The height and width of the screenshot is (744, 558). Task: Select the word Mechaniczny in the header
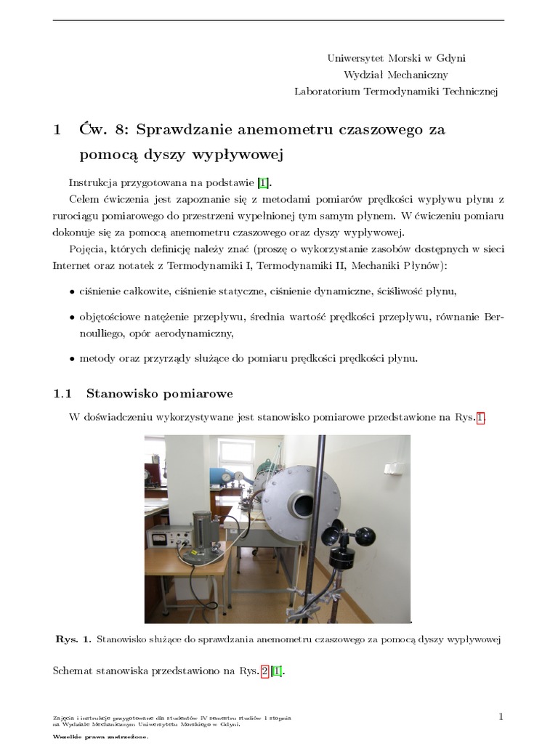click(x=421, y=74)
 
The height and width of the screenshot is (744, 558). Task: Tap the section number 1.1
click(x=62, y=394)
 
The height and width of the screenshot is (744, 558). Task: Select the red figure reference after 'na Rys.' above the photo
click(x=480, y=417)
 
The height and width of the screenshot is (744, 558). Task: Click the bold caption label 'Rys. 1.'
click(x=73, y=639)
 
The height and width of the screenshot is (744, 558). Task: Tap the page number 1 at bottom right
click(x=501, y=716)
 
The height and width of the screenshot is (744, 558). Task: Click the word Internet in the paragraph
click(x=71, y=265)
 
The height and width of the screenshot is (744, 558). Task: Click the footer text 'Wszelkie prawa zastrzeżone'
click(x=100, y=737)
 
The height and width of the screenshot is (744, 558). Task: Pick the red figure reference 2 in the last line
click(x=264, y=671)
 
